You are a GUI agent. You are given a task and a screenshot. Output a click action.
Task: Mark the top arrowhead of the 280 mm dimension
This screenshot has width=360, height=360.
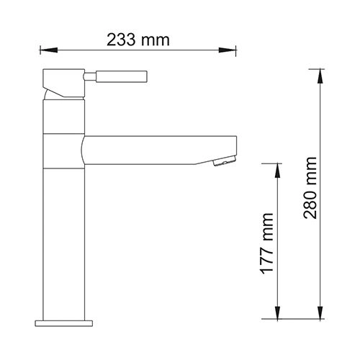pyautogui.click(x=319, y=77)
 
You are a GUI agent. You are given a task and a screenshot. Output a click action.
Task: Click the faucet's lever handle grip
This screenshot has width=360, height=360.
pyautogui.click(x=122, y=76)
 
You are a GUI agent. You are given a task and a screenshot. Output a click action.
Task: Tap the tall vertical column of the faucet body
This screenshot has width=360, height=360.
pyautogui.click(x=64, y=238)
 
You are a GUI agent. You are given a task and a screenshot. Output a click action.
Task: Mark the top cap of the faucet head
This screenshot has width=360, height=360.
pyautogui.click(x=64, y=75)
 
